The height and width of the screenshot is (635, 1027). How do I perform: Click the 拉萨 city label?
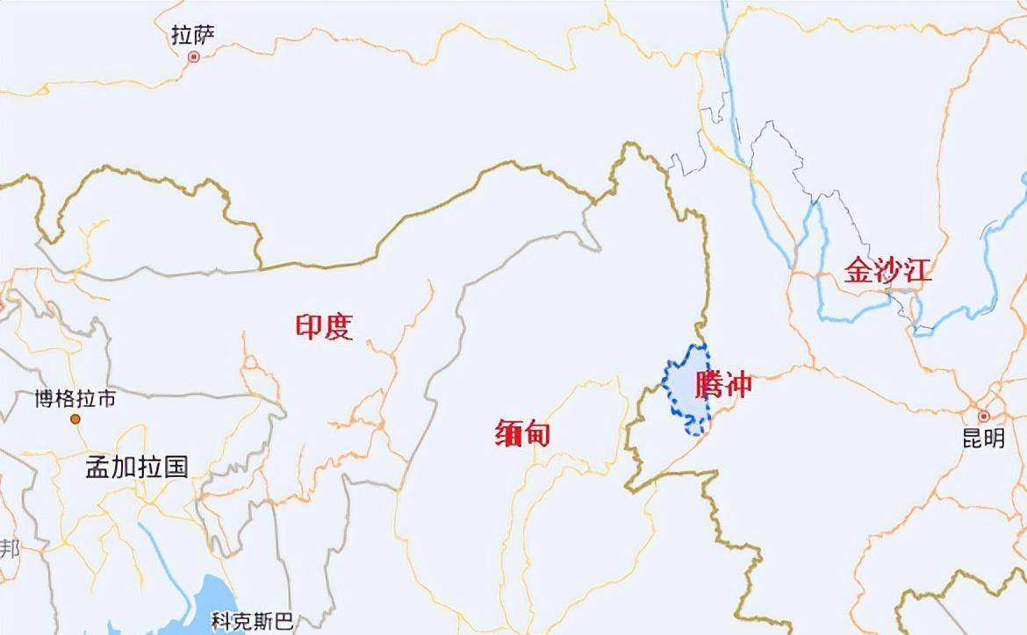(193, 35)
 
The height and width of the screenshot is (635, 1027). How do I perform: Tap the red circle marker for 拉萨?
(194, 57)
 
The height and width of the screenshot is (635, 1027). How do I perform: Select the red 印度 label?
(323, 327)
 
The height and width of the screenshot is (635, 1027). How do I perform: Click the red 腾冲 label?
(723, 384)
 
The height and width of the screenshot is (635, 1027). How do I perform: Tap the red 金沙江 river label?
(887, 269)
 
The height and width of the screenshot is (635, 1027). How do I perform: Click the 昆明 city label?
(983, 439)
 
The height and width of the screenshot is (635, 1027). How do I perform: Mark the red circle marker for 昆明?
(984, 416)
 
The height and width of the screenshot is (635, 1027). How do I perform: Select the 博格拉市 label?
(75, 400)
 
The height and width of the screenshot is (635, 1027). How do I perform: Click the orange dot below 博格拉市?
(75, 420)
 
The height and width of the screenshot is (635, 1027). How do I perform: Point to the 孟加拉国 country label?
(136, 466)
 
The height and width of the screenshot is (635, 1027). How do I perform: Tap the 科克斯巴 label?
(252, 622)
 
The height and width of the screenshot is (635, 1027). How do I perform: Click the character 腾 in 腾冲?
(708, 384)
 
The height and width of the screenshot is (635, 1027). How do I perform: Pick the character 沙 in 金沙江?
(887, 269)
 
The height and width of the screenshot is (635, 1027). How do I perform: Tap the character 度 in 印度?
(338, 327)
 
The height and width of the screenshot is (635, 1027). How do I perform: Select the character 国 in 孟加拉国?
(176, 466)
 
